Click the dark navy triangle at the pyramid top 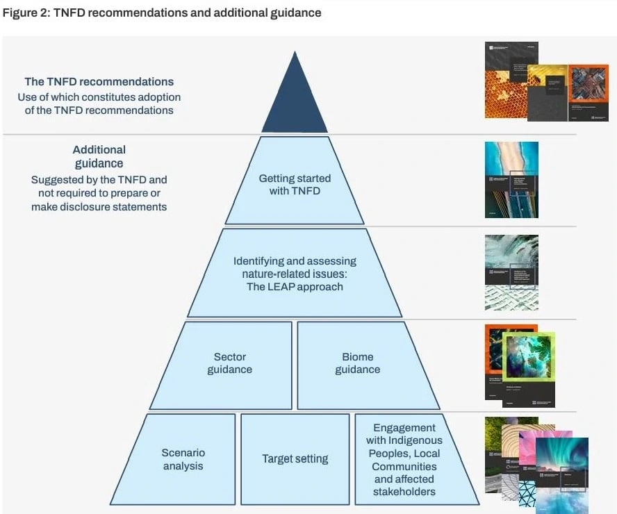coord(295,104)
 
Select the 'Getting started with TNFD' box coord(295,184)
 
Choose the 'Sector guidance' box coord(229,363)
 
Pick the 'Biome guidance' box coord(358,363)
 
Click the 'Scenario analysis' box coord(183,458)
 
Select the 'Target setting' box coord(295,458)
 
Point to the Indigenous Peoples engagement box coord(404,458)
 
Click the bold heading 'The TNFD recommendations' coord(99,82)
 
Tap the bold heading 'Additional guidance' coord(99,156)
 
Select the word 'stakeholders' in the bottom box coord(404,492)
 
